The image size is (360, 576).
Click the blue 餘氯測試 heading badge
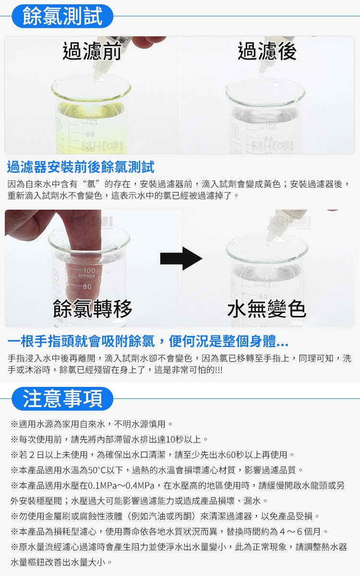(x=62, y=16)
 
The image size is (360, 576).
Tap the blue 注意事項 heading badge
(x=62, y=398)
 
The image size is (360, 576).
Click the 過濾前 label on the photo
(x=92, y=51)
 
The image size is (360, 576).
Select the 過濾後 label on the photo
(x=267, y=51)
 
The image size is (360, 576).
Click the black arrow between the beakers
(x=181, y=258)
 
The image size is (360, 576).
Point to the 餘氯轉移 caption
(x=92, y=309)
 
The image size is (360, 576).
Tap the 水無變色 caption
(x=267, y=309)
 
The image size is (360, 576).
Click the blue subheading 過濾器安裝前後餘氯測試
(x=81, y=167)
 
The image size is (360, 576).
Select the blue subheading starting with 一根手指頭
(x=148, y=341)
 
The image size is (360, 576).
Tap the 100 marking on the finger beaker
(x=89, y=271)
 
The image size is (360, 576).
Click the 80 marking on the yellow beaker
(x=90, y=134)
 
